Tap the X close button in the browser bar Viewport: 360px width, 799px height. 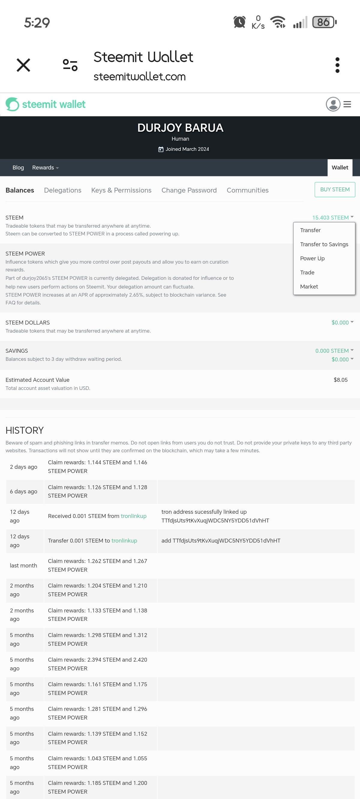point(23,65)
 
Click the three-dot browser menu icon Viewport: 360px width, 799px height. point(337,65)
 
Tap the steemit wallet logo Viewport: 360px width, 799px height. point(46,104)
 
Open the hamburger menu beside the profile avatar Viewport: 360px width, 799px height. point(347,104)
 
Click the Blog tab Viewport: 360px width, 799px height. point(18,167)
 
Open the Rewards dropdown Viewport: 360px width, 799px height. point(45,167)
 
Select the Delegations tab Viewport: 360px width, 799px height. point(63,190)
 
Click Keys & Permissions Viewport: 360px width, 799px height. point(121,190)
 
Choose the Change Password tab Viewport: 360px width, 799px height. point(189,190)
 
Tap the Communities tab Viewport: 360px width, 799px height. point(247,190)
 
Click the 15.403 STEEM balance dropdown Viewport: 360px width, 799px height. point(332,217)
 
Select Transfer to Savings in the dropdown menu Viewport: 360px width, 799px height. point(324,244)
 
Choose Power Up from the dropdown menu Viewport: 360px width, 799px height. point(312,258)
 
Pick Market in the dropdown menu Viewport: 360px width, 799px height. point(309,287)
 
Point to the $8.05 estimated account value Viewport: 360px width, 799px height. point(340,380)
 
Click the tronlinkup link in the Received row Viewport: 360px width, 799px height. point(133,516)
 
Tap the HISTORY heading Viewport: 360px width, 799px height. point(25,430)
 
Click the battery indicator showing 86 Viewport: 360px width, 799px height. point(324,22)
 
